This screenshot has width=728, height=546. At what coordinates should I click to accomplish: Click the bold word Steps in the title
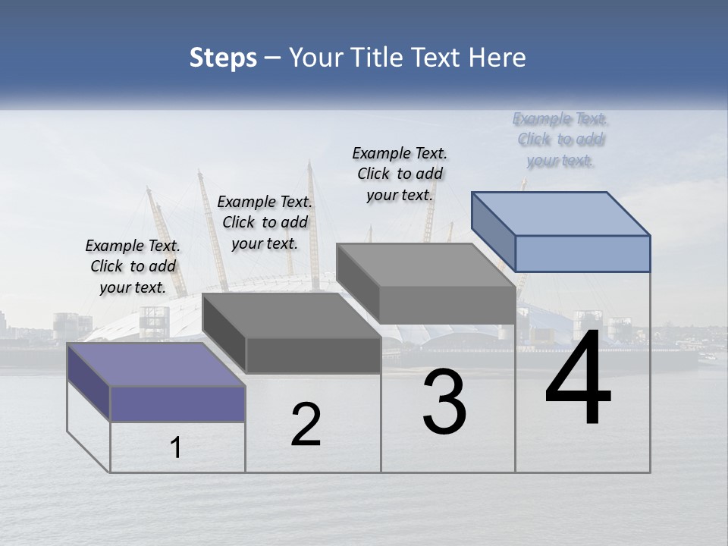click(223, 58)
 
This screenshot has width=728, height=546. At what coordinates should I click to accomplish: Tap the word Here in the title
click(496, 58)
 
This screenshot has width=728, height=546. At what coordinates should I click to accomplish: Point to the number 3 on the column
click(444, 402)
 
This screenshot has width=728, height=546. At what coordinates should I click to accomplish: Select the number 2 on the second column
click(306, 425)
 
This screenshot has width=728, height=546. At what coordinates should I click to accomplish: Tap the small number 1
click(176, 447)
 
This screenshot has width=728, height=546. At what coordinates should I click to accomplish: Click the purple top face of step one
click(155, 365)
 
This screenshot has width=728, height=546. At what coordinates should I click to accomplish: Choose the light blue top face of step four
click(560, 214)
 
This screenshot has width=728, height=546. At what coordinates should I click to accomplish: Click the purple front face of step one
click(177, 403)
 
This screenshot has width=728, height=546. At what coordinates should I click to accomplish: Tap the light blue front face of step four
click(582, 253)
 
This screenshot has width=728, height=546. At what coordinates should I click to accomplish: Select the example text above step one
click(133, 266)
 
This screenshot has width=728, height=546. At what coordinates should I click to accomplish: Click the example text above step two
click(265, 222)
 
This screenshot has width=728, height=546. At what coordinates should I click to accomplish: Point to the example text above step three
click(400, 174)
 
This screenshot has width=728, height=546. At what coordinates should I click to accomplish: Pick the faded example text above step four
click(560, 139)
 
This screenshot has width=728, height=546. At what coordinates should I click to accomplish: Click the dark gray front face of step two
click(313, 355)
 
